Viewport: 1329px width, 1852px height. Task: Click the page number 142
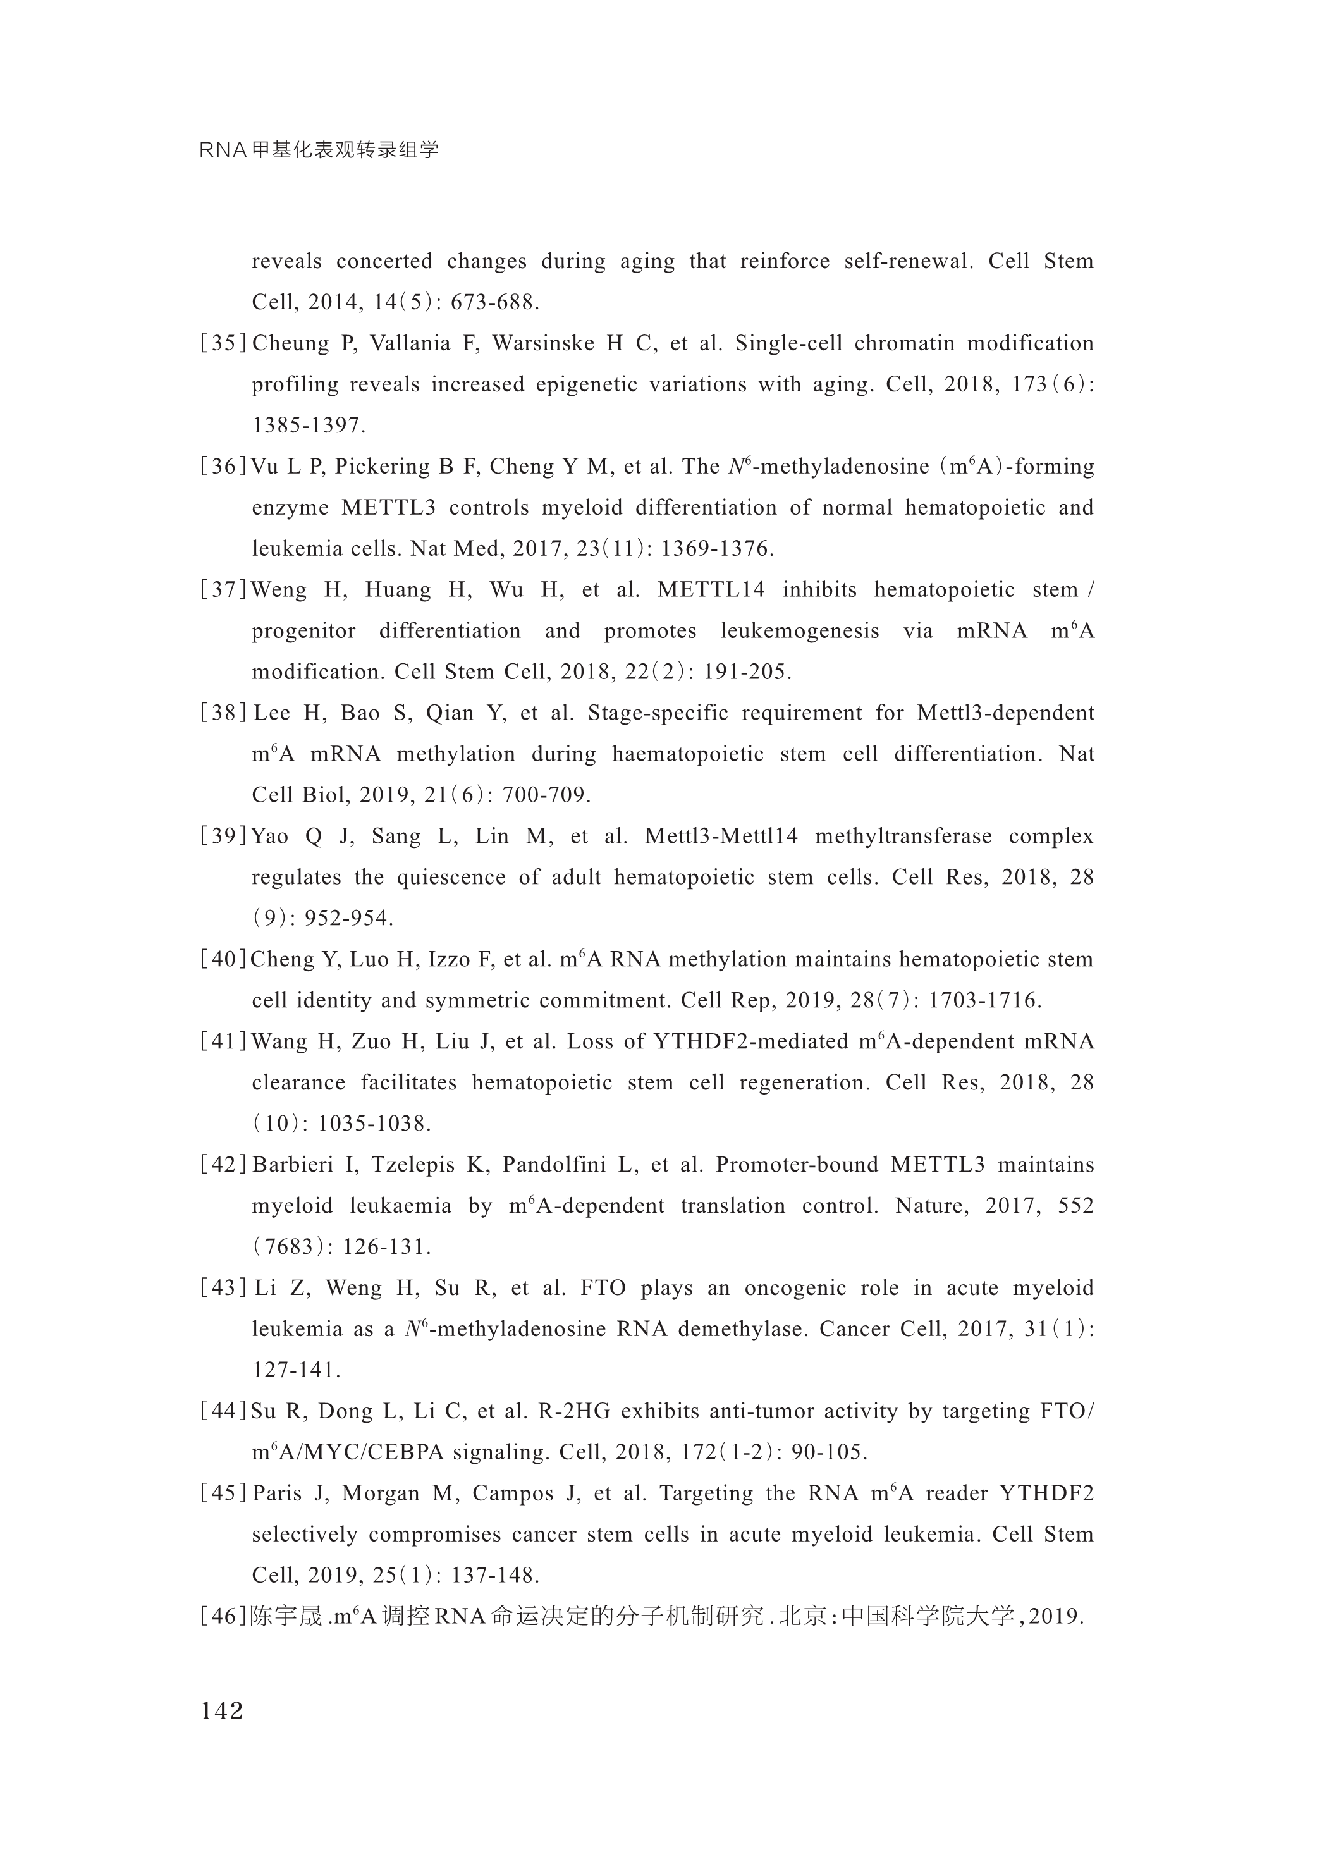222,1710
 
